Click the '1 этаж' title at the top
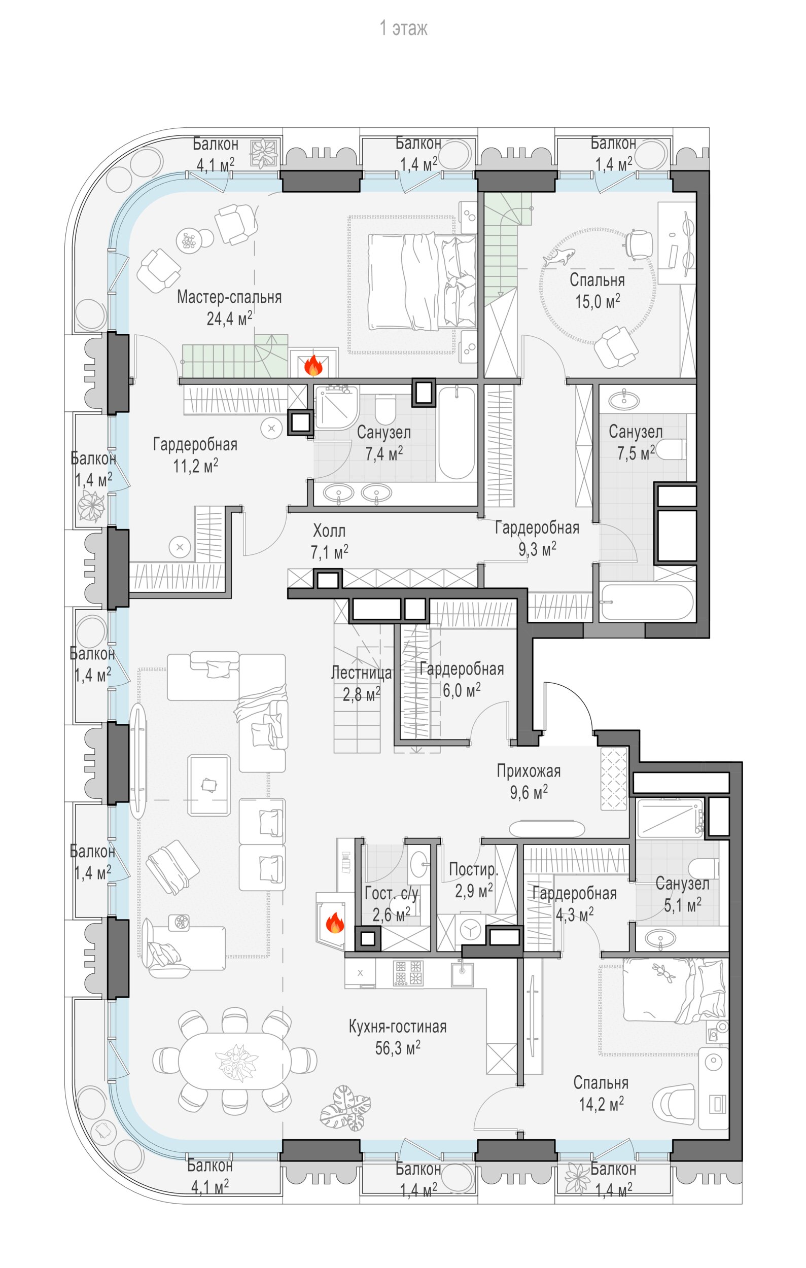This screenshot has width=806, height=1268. [403, 28]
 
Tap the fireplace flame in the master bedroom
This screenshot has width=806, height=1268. [314, 364]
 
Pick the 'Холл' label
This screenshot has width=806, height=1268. [329, 530]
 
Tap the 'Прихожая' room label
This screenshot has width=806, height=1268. [529, 771]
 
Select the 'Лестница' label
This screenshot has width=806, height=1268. [361, 673]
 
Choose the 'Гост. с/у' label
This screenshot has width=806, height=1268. [392, 894]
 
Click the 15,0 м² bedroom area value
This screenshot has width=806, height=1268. [597, 302]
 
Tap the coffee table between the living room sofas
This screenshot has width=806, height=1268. [209, 784]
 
